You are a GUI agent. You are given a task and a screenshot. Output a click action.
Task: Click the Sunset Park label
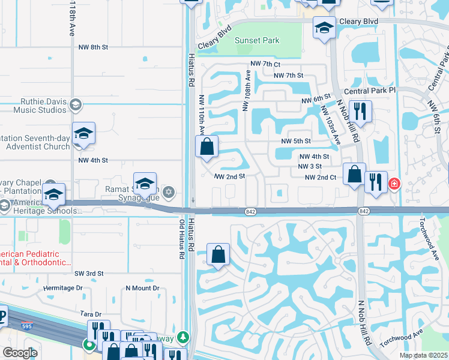(x=257, y=41)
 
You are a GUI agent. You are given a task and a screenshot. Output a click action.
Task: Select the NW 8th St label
(x=93, y=46)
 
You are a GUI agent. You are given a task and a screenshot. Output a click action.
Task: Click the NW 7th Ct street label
(x=265, y=64)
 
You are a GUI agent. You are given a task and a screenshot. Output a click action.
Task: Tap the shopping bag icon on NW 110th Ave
(x=206, y=146)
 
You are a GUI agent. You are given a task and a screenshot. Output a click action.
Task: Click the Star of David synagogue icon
(x=169, y=192)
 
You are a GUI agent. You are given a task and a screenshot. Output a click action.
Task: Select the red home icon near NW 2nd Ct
(x=394, y=184)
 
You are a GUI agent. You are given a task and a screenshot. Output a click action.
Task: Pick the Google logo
(x=20, y=353)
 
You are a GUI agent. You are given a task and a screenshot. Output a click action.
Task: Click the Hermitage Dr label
(x=63, y=289)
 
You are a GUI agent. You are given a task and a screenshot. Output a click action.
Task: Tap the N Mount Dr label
(x=142, y=289)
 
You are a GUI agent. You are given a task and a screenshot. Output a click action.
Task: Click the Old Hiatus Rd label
(x=181, y=239)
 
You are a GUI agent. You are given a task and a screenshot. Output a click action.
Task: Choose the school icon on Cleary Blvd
(x=324, y=28)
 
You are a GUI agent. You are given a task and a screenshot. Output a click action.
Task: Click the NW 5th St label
(x=296, y=141)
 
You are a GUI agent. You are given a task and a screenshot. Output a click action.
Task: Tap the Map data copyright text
(x=423, y=355)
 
